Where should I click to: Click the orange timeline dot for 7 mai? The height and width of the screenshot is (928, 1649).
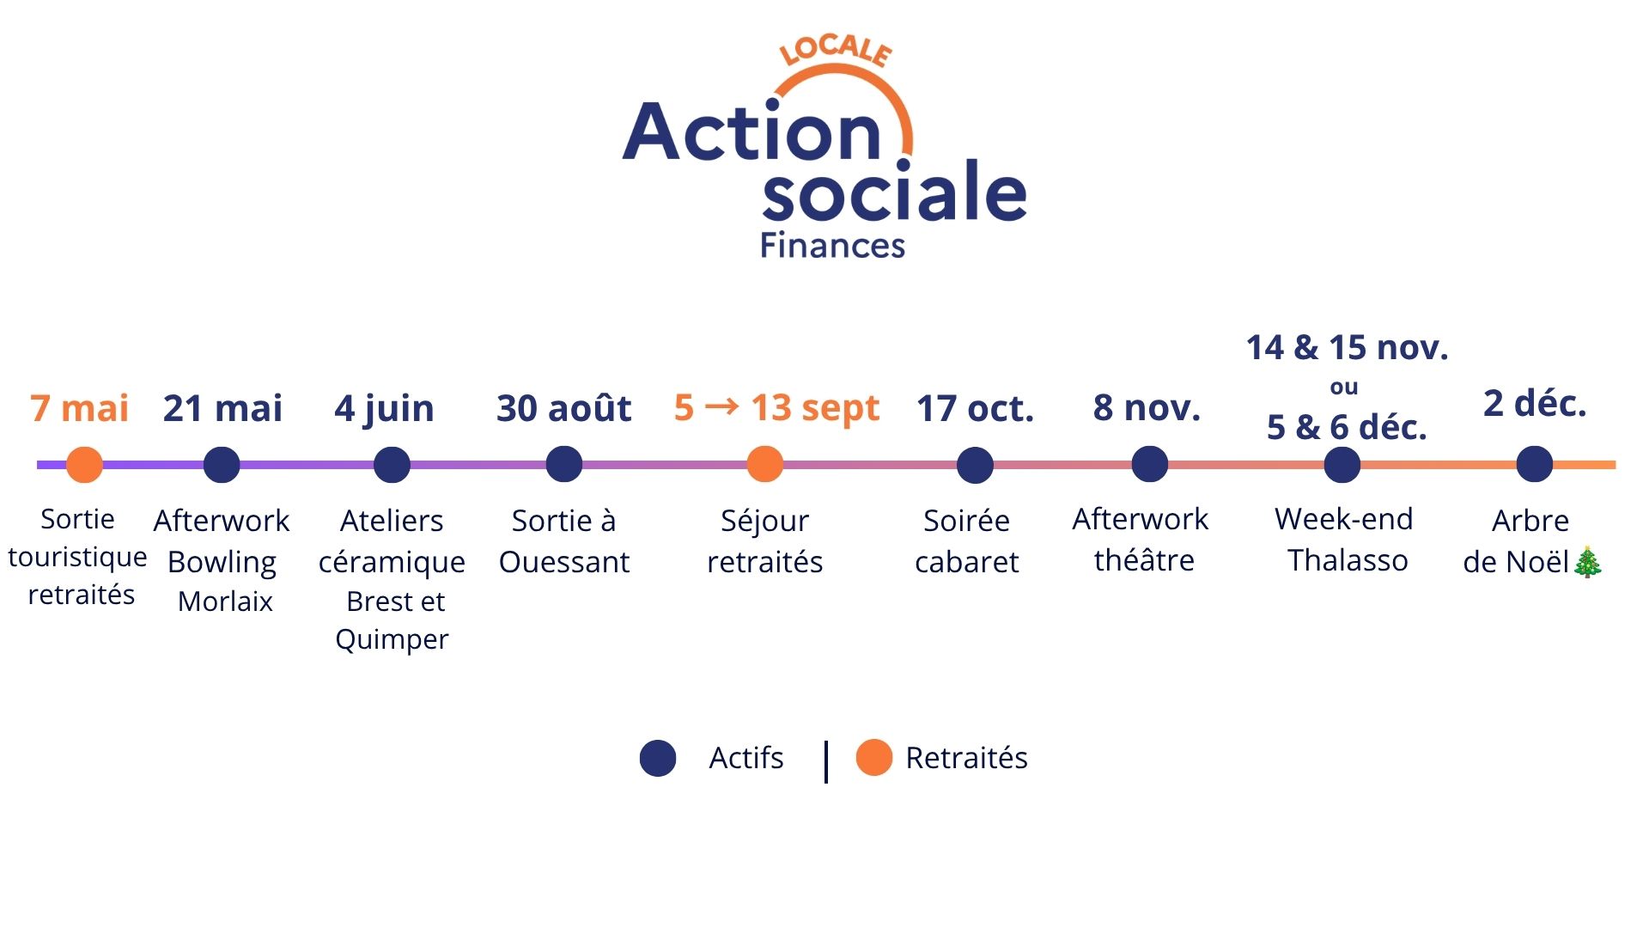click(x=84, y=465)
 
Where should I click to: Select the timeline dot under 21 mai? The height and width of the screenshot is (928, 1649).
click(x=222, y=465)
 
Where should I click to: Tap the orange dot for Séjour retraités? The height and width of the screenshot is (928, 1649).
click(x=764, y=465)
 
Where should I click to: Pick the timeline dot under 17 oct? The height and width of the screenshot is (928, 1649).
click(x=975, y=465)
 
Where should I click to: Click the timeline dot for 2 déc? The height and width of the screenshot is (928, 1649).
click(x=1534, y=465)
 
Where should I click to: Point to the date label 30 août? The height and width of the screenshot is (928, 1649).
click(x=563, y=408)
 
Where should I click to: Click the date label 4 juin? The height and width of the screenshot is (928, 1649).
click(x=384, y=409)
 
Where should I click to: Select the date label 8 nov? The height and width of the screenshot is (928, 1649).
click(x=1147, y=407)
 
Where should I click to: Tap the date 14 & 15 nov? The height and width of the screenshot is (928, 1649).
click(x=1347, y=347)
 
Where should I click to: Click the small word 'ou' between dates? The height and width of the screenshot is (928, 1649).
click(x=1344, y=388)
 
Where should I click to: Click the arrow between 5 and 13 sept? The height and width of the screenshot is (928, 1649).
click(x=721, y=406)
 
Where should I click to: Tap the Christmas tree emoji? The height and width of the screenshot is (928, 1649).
click(x=1587, y=562)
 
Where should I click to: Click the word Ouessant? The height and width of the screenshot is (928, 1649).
click(x=564, y=562)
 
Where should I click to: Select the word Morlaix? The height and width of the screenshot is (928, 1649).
click(x=225, y=601)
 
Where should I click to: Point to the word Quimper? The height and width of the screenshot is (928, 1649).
click(x=392, y=640)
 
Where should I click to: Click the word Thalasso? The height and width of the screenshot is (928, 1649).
click(x=1348, y=560)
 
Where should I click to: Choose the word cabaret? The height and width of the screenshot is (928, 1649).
click(x=966, y=562)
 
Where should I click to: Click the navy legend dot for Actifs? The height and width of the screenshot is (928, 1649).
click(x=658, y=758)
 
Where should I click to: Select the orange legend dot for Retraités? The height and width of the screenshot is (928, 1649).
click(x=874, y=758)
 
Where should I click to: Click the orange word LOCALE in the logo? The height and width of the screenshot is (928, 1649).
click(x=836, y=51)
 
